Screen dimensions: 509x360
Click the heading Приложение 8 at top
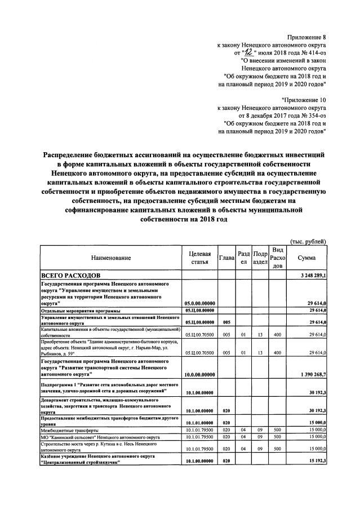tap(307, 38)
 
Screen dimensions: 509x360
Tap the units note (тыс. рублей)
tap(308, 241)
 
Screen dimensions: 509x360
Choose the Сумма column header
tap(308, 258)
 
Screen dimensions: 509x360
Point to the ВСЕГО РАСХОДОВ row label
tap(70, 275)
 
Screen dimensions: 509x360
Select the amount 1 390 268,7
tap(310, 374)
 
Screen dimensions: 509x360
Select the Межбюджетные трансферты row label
tap(66, 430)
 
